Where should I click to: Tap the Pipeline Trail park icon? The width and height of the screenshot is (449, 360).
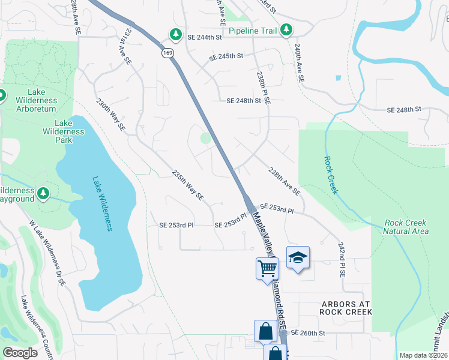click(x=287, y=29)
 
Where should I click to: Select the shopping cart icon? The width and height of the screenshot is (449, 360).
click(x=267, y=268)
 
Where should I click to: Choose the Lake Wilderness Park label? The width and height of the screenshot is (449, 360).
click(x=62, y=136)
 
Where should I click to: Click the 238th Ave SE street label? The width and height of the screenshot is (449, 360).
click(x=285, y=181)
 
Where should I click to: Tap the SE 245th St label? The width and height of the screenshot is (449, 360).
click(x=226, y=56)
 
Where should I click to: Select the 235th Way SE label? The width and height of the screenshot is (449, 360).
click(x=188, y=185)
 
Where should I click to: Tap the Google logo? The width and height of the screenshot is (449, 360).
click(x=20, y=353)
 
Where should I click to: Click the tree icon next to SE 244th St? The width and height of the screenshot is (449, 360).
click(x=175, y=33)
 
